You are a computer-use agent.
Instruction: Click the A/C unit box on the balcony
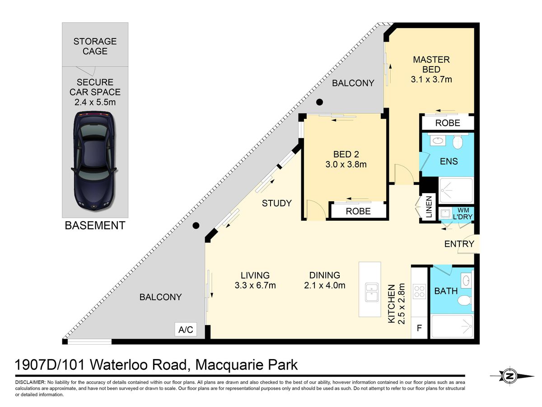(x=186, y=329)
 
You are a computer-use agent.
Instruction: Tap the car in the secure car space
(x=94, y=161)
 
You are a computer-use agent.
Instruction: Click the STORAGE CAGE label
(x=95, y=46)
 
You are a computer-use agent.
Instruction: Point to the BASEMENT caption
(x=95, y=225)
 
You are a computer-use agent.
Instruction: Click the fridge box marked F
(x=419, y=328)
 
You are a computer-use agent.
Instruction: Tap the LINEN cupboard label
(x=429, y=207)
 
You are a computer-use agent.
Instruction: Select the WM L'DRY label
(x=463, y=213)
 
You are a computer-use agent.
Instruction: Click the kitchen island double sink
(x=372, y=293)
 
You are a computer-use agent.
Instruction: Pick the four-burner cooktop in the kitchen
(x=419, y=291)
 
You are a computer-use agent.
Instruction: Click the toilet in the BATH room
(x=465, y=300)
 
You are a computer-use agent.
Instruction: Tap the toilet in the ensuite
(x=458, y=142)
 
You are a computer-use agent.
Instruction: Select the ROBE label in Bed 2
(x=358, y=211)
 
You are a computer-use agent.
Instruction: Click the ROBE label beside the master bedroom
(x=448, y=123)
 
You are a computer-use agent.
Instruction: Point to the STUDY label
(x=277, y=203)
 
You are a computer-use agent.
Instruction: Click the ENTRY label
(x=459, y=244)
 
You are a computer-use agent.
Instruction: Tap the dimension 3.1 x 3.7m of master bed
(x=431, y=79)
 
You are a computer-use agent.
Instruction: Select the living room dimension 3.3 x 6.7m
(x=255, y=285)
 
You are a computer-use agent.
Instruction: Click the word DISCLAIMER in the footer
(x=30, y=382)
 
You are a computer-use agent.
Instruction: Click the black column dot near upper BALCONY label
(x=319, y=102)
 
